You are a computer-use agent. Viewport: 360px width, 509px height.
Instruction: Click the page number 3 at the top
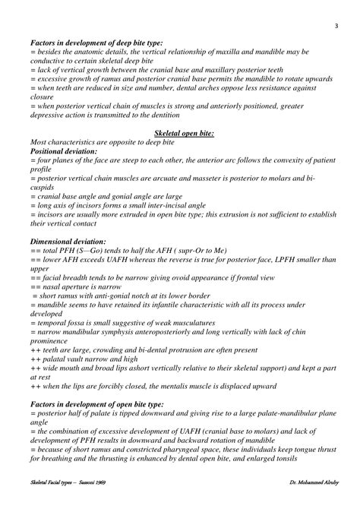tap(335, 27)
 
